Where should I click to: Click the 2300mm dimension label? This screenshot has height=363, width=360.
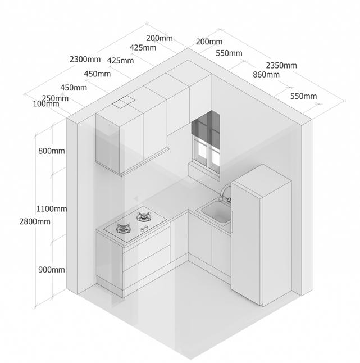85,58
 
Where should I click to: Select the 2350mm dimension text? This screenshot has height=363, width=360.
281,65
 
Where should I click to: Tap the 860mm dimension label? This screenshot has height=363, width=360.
266,74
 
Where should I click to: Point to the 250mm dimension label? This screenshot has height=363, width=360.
55,98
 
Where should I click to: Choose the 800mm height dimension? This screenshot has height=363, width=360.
51,151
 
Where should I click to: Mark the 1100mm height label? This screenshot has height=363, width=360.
52,208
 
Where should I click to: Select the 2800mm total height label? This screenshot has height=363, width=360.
35,221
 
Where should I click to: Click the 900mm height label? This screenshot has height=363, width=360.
52,270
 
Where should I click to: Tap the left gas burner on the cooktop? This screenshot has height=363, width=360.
124,228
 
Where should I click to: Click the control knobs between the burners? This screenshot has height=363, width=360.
144,228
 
